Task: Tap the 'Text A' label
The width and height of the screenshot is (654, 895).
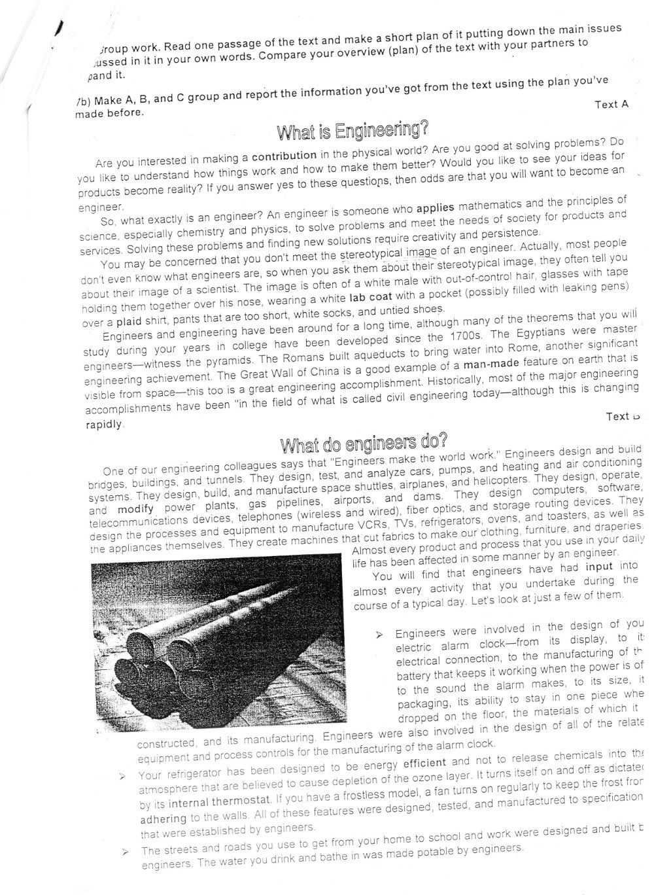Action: (x=611, y=105)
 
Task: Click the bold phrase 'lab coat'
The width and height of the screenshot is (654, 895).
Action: (x=371, y=296)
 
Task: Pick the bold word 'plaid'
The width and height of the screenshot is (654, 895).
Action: (x=129, y=321)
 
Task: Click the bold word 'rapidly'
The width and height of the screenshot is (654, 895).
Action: (x=104, y=424)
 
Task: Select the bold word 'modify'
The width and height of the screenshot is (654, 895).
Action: (x=135, y=508)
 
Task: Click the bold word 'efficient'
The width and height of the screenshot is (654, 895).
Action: (x=424, y=762)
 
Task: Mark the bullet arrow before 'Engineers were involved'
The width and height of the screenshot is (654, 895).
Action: (x=379, y=635)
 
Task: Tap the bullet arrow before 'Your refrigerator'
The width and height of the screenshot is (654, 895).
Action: (x=122, y=777)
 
